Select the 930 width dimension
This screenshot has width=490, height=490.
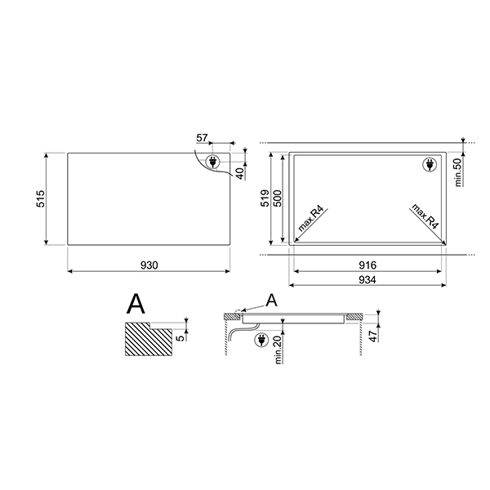pyautogui.click(x=149, y=265)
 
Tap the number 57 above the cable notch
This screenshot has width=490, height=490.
pyautogui.click(x=203, y=140)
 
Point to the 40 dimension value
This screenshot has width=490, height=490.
pyautogui.click(x=239, y=172)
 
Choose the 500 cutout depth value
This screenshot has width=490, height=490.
pyautogui.click(x=278, y=198)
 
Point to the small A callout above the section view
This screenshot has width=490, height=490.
pyautogui.click(x=272, y=301)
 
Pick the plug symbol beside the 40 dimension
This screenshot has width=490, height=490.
pyautogui.click(x=216, y=163)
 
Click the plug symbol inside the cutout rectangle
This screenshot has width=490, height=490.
pyautogui.click(x=429, y=165)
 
